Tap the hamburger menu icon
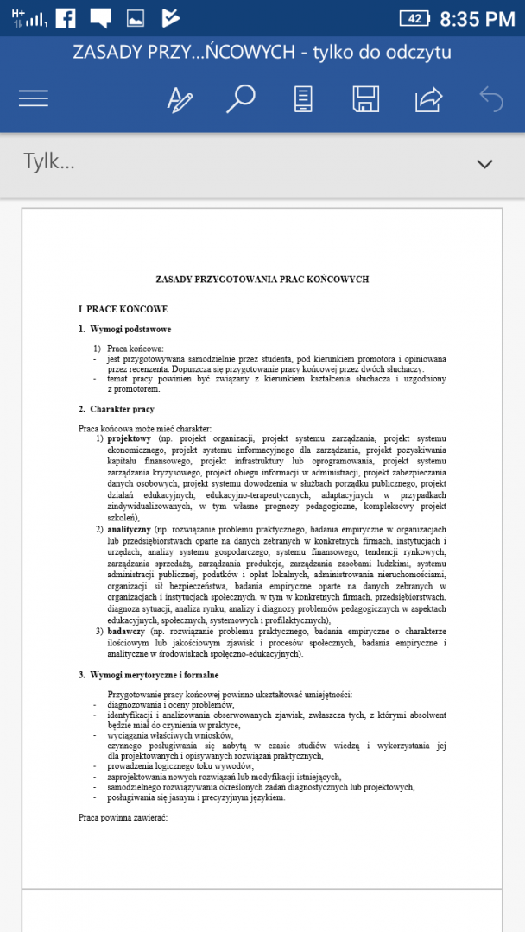(x=34, y=99)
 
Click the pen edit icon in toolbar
(x=180, y=99)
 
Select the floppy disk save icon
(x=365, y=99)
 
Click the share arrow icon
(x=427, y=99)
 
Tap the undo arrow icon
(x=490, y=99)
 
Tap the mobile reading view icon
(x=303, y=99)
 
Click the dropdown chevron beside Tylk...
(x=484, y=163)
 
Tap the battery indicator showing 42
(x=414, y=18)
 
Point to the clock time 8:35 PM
(x=477, y=18)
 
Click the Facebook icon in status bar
(x=66, y=18)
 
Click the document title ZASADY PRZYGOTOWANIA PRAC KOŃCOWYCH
(x=262, y=280)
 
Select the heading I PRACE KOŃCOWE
(x=123, y=309)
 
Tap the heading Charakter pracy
(x=122, y=409)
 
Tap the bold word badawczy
(x=126, y=631)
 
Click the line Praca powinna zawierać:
(x=122, y=816)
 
